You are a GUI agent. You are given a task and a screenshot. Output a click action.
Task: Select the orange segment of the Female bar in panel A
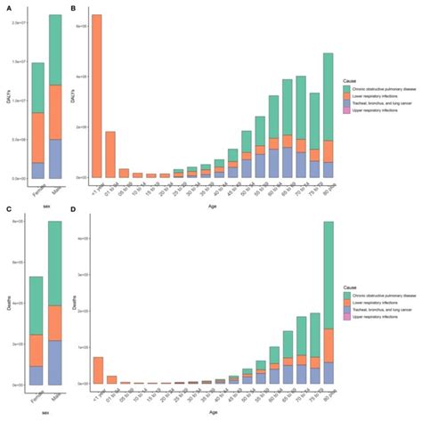37,137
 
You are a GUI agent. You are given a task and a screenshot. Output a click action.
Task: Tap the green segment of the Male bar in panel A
54,49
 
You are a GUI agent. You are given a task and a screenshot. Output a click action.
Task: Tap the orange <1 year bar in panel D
96,370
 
